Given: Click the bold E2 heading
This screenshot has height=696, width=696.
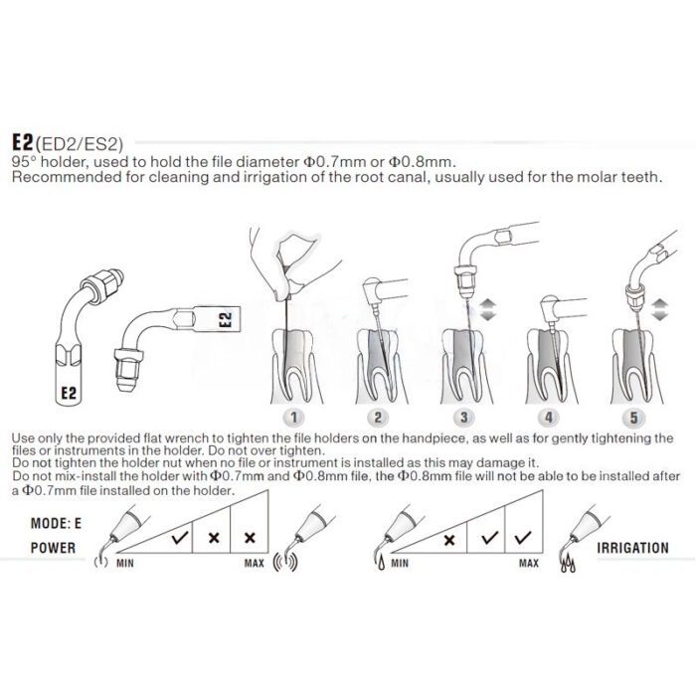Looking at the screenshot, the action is (x=23, y=142).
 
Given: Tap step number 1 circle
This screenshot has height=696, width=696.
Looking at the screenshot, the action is (x=293, y=418).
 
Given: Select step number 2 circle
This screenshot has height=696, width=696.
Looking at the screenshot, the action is (x=377, y=418).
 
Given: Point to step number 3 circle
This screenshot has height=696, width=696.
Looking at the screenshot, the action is (x=463, y=418).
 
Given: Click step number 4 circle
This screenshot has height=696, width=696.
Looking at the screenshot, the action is (x=549, y=418).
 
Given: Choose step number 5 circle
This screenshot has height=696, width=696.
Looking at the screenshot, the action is (x=633, y=418).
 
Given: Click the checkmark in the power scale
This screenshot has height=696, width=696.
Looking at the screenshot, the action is (x=181, y=538).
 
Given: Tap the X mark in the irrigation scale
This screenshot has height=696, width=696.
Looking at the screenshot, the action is (x=449, y=540).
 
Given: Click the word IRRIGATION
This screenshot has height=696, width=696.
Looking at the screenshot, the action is (x=632, y=548).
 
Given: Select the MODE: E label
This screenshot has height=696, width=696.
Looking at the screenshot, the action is (x=56, y=523).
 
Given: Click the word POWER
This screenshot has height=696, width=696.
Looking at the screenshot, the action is (x=53, y=548).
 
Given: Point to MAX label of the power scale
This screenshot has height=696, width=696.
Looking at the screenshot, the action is (x=254, y=564).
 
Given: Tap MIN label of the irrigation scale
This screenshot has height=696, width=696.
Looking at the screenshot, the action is (x=400, y=564).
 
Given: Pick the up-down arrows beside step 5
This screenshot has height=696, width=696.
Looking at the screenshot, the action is (x=659, y=309).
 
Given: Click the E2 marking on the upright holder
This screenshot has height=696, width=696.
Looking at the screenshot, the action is (x=69, y=393).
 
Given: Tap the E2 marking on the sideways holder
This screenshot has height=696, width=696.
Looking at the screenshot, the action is (x=226, y=319).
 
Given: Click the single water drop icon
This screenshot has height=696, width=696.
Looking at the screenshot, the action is (x=381, y=564).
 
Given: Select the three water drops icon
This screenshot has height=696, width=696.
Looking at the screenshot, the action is (x=568, y=565).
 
